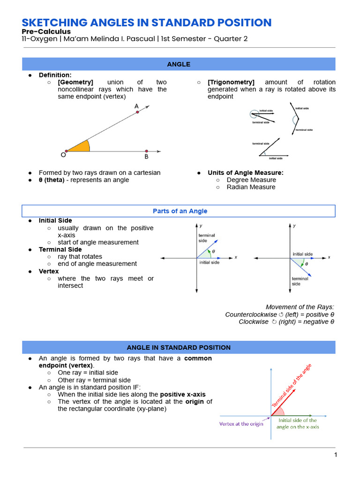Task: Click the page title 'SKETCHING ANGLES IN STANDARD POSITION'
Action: [x=147, y=22]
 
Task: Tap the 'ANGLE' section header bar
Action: [x=179, y=64]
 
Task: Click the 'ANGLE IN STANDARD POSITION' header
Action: [x=179, y=347]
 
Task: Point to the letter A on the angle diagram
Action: [x=136, y=106]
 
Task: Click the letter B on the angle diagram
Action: [x=146, y=157]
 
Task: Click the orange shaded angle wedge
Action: [x=81, y=147]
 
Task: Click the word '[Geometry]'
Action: [x=75, y=82]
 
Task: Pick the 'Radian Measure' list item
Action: [x=251, y=187]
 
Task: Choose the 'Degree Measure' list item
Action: [x=251, y=180]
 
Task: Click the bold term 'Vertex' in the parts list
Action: [x=49, y=271]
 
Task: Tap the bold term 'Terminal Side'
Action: [x=60, y=249]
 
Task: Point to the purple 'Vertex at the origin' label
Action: [x=241, y=424]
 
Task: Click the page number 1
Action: [x=335, y=455]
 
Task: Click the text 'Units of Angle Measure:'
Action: [x=246, y=172]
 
